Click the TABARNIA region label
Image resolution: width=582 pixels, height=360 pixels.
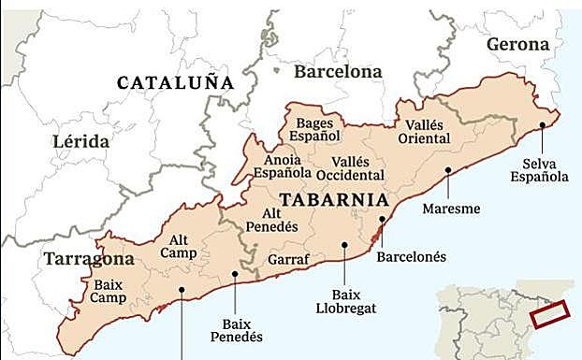(x=333, y=199)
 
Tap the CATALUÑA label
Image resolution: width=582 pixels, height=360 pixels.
(x=175, y=83)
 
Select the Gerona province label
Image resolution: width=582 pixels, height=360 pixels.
(x=517, y=45)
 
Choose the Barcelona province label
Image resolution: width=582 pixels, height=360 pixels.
(x=338, y=71)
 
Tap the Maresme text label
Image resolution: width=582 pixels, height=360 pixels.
(x=451, y=209)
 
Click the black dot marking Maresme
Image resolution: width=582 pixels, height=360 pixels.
(x=449, y=170)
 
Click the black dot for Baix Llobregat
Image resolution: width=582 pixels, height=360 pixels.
(x=345, y=245)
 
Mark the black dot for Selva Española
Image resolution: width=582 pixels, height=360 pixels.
(x=542, y=124)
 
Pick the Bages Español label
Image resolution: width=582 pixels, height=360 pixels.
(x=315, y=129)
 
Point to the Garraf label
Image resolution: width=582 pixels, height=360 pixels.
(x=285, y=258)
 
